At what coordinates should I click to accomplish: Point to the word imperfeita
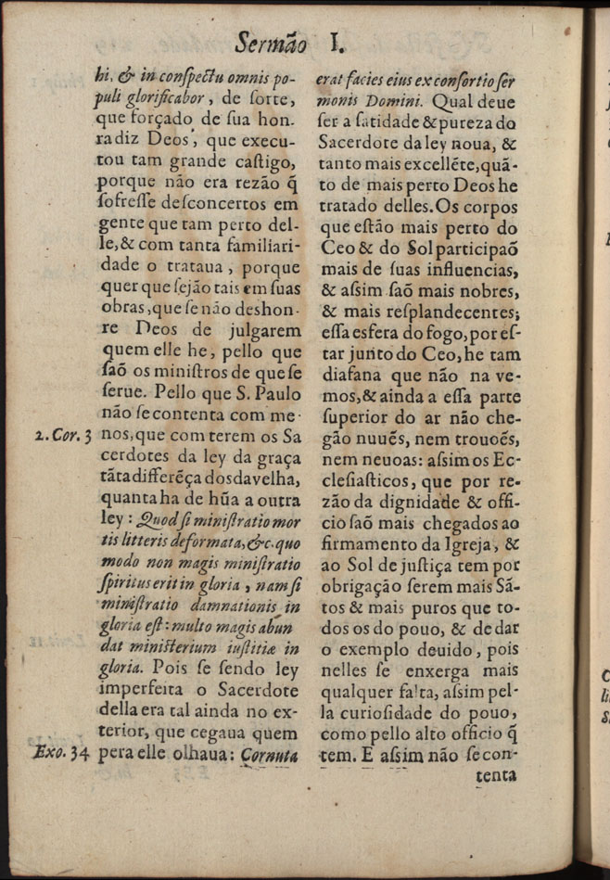tap(142, 686)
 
